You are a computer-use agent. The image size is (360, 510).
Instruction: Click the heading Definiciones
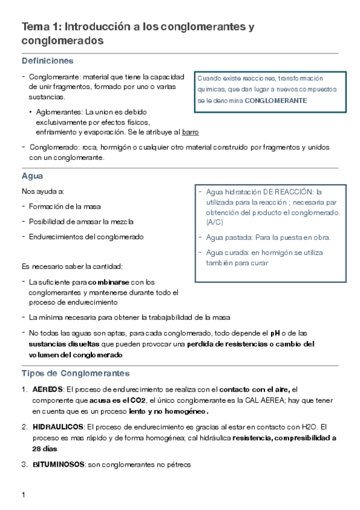pyautogui.click(x=47, y=61)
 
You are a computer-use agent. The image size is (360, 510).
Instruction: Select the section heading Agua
pyautogui.click(x=32, y=176)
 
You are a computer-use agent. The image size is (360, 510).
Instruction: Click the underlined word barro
pyautogui.click(x=191, y=132)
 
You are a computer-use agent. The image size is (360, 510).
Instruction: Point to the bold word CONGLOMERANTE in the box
pyautogui.click(x=276, y=100)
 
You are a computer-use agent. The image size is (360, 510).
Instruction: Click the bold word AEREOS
pyautogui.click(x=47, y=390)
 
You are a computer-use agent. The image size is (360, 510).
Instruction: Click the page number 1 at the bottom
pyautogui.click(x=23, y=494)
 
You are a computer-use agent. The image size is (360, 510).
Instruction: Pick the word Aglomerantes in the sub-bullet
pyautogui.click(x=59, y=112)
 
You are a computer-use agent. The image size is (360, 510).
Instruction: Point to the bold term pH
pyautogui.click(x=275, y=333)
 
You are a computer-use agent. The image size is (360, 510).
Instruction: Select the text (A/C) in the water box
pyautogui.click(x=214, y=222)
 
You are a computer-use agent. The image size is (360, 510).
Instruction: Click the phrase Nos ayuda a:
pyautogui.click(x=43, y=191)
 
